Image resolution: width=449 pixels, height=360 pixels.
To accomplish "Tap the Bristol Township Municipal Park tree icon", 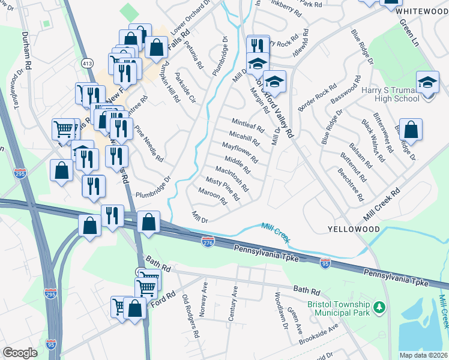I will [379, 308].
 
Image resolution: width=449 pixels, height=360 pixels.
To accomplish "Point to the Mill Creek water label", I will [276, 232].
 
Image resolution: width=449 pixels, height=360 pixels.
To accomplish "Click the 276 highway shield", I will [206, 241].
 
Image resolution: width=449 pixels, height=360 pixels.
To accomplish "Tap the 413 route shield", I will [88, 62].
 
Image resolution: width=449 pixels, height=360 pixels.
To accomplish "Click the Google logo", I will [20, 353].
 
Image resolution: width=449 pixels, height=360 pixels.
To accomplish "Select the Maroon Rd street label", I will [212, 197].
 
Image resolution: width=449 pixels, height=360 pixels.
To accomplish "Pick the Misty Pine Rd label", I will [223, 188].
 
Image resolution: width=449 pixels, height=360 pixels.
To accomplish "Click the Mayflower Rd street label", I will [240, 152].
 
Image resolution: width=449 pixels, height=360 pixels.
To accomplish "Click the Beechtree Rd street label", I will [351, 184].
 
